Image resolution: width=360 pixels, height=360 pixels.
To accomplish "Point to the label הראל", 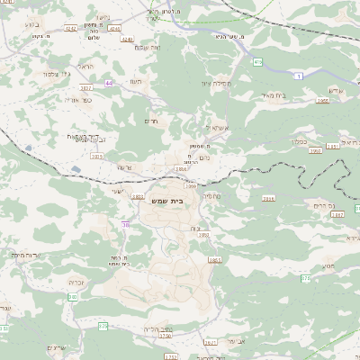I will click(85, 67).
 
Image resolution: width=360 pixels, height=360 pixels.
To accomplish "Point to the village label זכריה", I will click(76, 282).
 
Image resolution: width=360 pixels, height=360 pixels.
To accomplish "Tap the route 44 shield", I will click(109, 83).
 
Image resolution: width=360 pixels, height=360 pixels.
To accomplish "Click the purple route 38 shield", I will click(126, 224).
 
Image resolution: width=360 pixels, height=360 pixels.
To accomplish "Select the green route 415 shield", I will click(257, 62).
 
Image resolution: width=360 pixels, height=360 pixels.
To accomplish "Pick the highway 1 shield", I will click(298, 76).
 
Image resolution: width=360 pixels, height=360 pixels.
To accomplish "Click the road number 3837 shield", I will click(86, 88).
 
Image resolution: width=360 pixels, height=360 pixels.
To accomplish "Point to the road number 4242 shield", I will click(70, 28).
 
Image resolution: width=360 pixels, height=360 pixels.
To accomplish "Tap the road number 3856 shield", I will click(182, 168).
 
